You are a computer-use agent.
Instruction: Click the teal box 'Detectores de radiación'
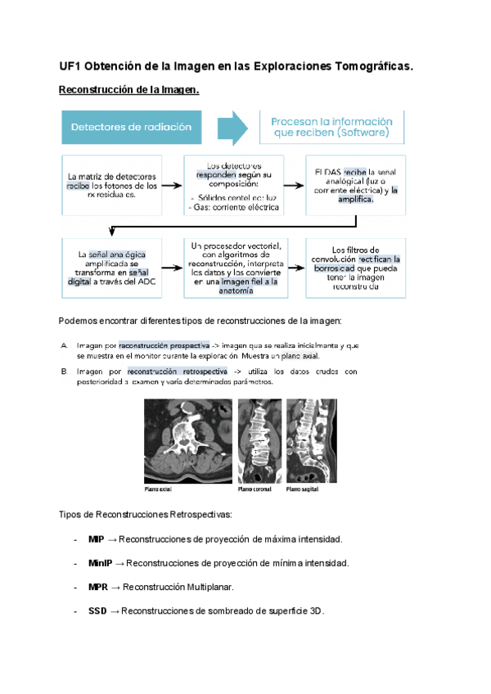click(x=131, y=127)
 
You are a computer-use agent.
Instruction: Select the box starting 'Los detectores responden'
click(x=234, y=185)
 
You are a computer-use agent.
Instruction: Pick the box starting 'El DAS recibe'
click(x=356, y=185)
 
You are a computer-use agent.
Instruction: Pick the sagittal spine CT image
click(x=308, y=442)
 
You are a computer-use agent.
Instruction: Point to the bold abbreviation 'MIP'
click(x=97, y=540)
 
